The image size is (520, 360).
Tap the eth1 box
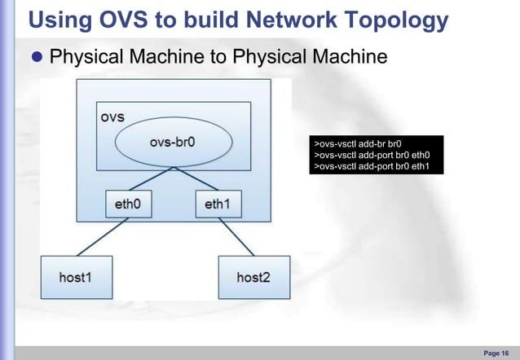coord(218,203)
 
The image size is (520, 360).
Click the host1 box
coord(76,277)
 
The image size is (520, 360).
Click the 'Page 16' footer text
coord(497,352)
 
